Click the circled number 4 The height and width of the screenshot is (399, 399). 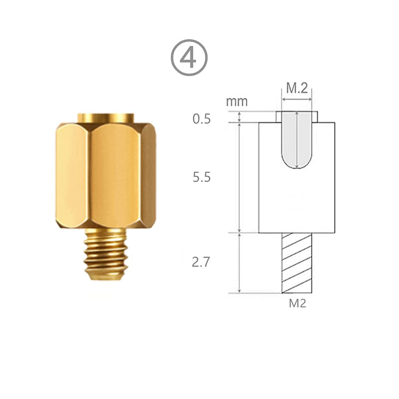[189, 57]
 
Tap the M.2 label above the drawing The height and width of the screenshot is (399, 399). [297, 88]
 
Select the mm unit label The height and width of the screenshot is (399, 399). [237, 102]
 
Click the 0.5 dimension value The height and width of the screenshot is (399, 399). [201, 119]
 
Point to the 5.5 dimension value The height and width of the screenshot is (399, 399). [201, 177]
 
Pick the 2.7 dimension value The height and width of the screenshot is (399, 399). [201, 262]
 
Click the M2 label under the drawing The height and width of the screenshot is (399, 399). [297, 303]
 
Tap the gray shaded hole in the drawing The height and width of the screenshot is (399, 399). [297, 140]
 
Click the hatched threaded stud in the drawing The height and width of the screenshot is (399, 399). [297, 263]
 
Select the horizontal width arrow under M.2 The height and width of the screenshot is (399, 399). [297, 100]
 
